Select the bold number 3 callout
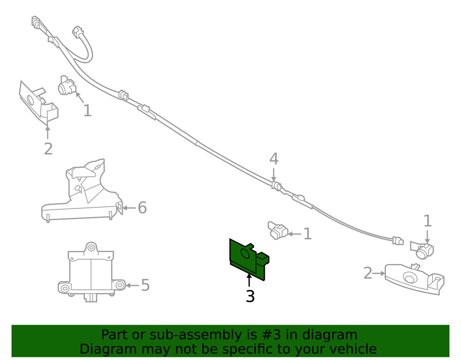(250, 296)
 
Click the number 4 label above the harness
(274, 159)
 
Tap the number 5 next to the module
(145, 285)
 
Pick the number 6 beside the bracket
(142, 208)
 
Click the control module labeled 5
(91, 272)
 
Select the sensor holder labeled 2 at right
(414, 278)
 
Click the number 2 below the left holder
(48, 149)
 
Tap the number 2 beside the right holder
(367, 273)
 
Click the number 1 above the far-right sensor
(427, 221)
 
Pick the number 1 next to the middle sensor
(307, 234)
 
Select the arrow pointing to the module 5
(131, 285)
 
